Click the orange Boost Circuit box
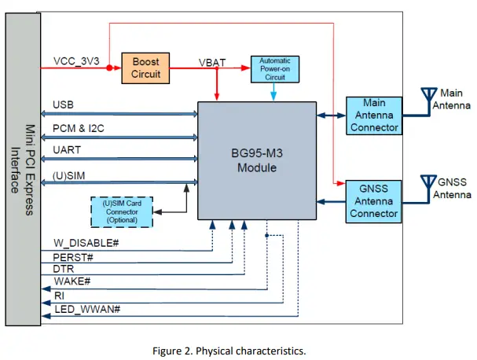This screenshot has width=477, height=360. pos(145,68)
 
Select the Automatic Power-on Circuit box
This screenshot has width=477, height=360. pos(273,69)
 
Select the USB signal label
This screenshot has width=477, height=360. pos(63,105)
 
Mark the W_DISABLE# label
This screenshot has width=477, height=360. pos(86,243)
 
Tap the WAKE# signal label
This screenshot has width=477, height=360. pos(71,281)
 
